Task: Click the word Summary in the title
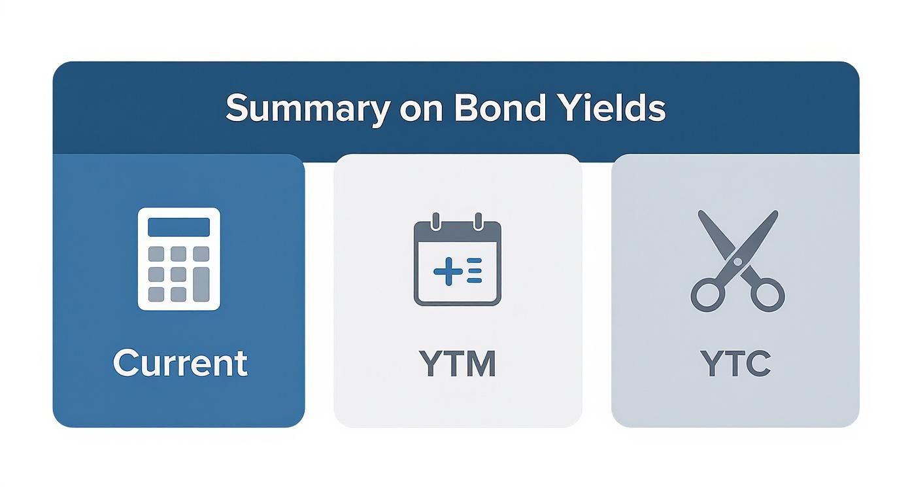305,109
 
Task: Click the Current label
180,363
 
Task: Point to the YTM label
457,364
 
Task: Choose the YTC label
735,364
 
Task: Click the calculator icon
178,258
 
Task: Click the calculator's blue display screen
178,227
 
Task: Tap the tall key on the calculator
201,285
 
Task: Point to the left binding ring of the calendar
437,220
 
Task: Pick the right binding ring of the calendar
478,220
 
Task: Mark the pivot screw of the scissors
737,262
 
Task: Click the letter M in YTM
482,364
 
